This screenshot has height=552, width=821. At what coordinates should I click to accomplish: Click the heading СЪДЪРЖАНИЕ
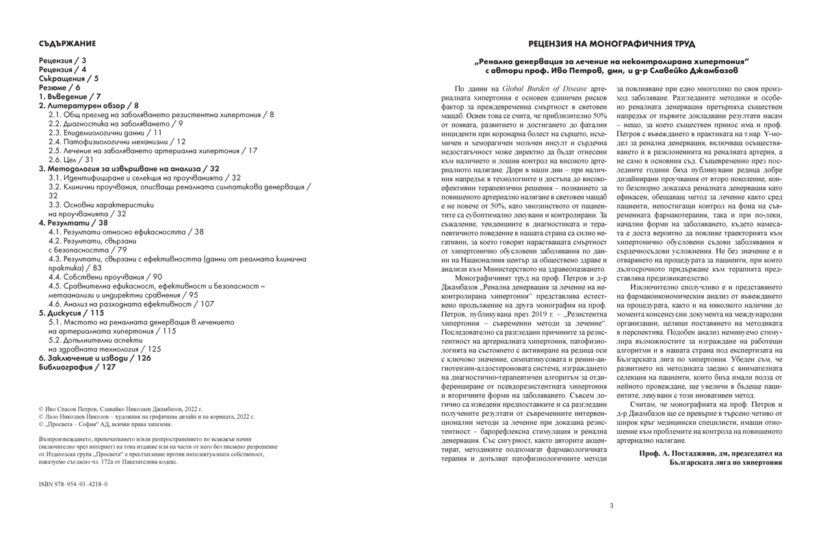67,43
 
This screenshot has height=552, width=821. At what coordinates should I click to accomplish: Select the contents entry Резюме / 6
60,88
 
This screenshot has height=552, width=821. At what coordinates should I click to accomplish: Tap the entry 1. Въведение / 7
70,96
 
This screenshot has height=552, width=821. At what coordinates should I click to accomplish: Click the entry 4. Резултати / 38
73,223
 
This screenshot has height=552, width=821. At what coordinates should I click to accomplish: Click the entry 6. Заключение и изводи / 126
95,358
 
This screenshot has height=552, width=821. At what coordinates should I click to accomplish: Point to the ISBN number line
73,484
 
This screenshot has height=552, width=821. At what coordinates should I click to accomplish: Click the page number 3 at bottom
612,506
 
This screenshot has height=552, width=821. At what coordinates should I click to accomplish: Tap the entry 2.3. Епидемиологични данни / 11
105,133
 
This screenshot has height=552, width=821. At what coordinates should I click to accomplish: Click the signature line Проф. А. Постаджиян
709,453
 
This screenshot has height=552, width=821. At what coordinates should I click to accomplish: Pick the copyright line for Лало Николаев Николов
146,416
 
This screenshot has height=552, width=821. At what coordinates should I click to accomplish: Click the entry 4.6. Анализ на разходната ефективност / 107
131,304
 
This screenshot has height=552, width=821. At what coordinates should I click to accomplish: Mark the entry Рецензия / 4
62,70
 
